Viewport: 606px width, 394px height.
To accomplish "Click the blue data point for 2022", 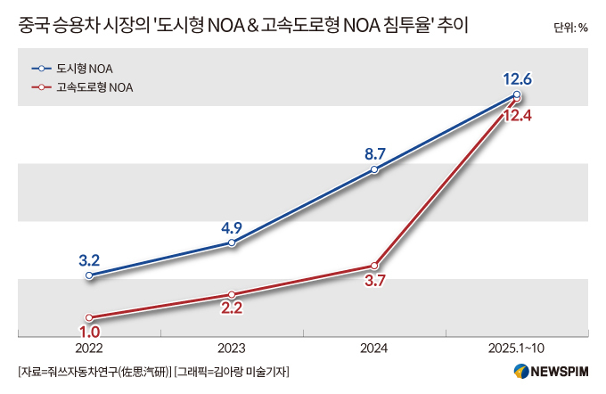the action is click(x=89, y=275).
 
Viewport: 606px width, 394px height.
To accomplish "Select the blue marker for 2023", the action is click(x=232, y=242).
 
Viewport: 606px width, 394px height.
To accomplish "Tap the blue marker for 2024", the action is click(x=374, y=169).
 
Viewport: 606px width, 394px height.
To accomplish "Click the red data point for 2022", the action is click(x=89, y=317).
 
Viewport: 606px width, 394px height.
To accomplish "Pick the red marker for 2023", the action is click(x=232, y=295).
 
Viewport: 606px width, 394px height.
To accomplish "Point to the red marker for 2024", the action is click(x=374, y=266).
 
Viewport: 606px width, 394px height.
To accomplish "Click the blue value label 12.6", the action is click(x=517, y=78).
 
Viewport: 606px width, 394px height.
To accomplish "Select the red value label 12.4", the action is click(x=517, y=115).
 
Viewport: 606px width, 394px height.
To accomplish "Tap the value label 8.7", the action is click(x=375, y=154).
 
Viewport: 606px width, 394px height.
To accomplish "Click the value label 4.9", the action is click(x=232, y=227).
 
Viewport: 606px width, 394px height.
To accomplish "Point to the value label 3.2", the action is click(x=89, y=260).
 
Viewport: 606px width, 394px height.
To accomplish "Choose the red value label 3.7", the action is click(x=375, y=281).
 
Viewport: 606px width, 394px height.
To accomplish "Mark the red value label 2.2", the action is click(x=232, y=308).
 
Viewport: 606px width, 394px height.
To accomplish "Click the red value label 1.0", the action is click(x=89, y=332).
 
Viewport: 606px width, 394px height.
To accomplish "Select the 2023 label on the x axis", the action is click(x=231, y=348).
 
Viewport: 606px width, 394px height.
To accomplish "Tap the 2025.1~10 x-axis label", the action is click(x=516, y=348).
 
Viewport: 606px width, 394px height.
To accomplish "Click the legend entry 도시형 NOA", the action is click(x=72, y=69).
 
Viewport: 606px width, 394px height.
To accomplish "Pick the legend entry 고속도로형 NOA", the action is click(x=82, y=87).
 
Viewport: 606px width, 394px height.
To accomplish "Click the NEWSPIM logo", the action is click(x=551, y=371).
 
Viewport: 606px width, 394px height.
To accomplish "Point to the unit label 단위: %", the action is click(x=570, y=28).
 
